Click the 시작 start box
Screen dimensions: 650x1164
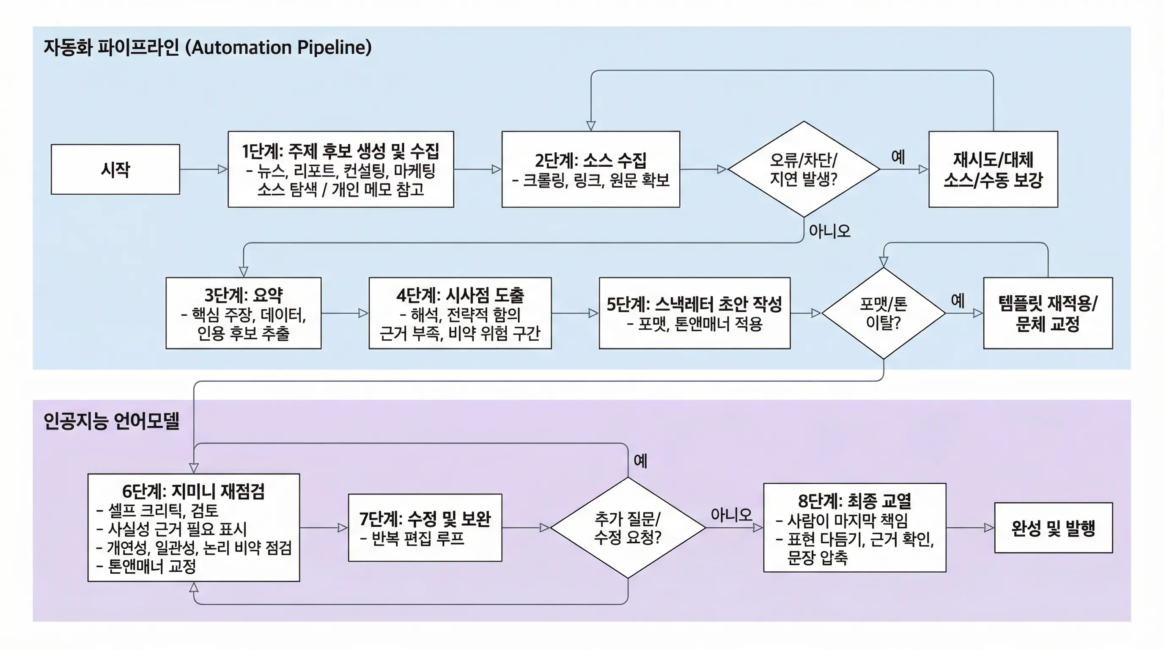[115, 170]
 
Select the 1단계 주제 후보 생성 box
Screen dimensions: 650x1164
[341, 170]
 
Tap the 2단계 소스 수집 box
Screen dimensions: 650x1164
[590, 170]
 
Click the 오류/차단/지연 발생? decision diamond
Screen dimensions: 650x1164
[803, 170]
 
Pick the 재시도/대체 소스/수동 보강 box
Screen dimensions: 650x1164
[993, 170]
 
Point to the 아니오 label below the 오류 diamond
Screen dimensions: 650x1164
[829, 231]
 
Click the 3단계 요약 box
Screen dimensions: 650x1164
[243, 313]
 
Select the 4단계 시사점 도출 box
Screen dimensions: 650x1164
[460, 313]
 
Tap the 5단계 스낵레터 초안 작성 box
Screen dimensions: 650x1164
[695, 313]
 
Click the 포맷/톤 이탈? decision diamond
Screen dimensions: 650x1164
[884, 313]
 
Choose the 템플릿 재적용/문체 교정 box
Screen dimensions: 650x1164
[1048, 313]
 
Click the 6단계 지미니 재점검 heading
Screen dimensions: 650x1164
[193, 491]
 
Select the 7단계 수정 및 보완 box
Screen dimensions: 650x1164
[425, 528]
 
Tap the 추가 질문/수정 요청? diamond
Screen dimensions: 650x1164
[628, 528]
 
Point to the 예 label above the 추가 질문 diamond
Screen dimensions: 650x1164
[640, 461]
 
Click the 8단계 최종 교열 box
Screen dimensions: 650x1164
[854, 528]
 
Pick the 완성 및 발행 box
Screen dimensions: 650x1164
[1053, 528]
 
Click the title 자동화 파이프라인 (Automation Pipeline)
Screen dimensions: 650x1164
[207, 47]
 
